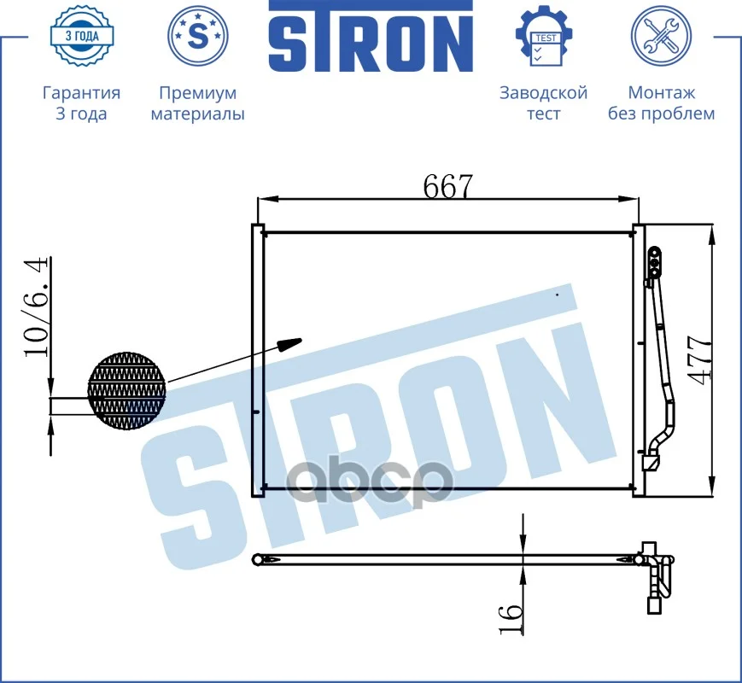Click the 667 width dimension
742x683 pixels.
coord(447,186)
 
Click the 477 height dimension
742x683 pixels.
coord(699,360)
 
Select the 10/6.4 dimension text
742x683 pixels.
coord(36,306)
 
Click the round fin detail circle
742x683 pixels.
coord(127,391)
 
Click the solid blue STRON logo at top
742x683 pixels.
coord(371,37)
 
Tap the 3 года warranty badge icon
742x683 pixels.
coord(82,36)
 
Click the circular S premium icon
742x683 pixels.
coord(198,36)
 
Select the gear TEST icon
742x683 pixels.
coord(544,36)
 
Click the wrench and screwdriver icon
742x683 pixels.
coord(661,36)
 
